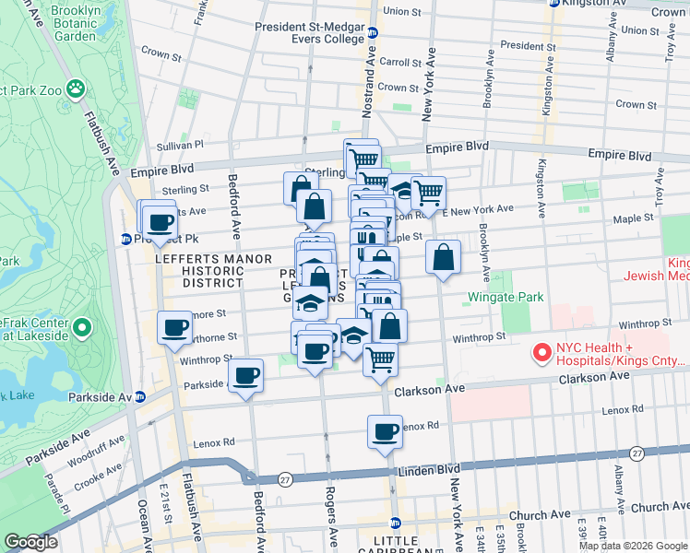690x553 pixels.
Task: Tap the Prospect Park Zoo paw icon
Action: click(x=77, y=90)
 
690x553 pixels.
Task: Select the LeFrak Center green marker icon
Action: click(x=82, y=328)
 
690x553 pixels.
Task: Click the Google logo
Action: click(x=30, y=542)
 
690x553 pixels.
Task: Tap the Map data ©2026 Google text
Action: click(x=632, y=546)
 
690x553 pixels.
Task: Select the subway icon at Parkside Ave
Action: click(x=140, y=397)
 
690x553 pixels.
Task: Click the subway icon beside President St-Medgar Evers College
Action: click(x=373, y=33)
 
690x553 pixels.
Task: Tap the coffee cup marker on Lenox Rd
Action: click(x=385, y=430)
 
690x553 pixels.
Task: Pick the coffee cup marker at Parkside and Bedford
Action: click(x=245, y=376)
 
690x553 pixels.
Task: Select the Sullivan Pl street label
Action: click(x=180, y=146)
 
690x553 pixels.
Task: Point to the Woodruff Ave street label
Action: click(x=93, y=451)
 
